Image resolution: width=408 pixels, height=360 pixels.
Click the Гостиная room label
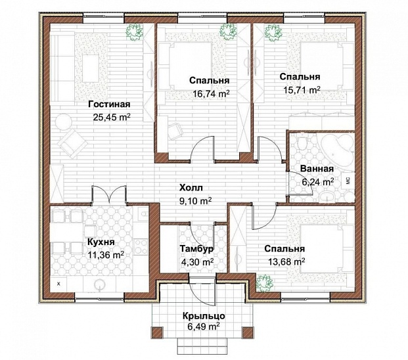[x=109, y=104]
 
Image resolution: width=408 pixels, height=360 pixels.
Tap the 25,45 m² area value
[x=112, y=118]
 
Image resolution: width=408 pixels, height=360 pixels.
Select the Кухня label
[x=101, y=242]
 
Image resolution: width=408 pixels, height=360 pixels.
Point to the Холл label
[x=191, y=187]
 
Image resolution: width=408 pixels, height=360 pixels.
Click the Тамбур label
[x=197, y=249]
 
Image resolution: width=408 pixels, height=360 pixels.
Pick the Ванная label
[x=317, y=169]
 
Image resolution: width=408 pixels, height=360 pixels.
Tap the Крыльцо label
[x=204, y=316]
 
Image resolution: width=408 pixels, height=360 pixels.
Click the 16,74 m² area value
[x=211, y=94]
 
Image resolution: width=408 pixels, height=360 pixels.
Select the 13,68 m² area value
[x=286, y=261]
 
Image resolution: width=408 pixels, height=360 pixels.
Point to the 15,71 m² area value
[x=302, y=90]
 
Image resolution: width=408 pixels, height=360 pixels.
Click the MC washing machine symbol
[x=348, y=180]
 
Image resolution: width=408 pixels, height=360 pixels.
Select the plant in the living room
[x=135, y=32]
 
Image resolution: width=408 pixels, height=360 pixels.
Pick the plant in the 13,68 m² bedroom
[x=264, y=282]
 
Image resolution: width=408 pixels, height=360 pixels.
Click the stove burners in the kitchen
[x=141, y=246]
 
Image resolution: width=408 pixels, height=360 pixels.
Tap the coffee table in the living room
[x=91, y=68]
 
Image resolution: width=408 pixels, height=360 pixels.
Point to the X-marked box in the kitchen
[x=58, y=284]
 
